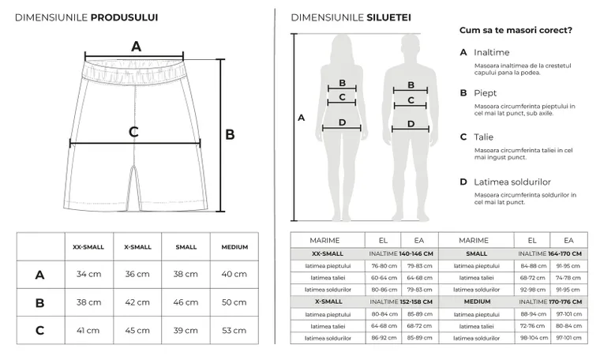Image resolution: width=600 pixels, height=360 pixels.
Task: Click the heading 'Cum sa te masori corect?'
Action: [516, 30]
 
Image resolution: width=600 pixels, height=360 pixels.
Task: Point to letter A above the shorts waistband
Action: [136, 46]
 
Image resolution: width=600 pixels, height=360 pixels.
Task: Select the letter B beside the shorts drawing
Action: [231, 135]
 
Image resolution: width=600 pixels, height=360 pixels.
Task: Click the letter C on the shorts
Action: [133, 132]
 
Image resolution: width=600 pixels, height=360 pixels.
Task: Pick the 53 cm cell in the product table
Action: [234, 330]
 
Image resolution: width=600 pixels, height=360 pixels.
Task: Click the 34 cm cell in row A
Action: [88, 274]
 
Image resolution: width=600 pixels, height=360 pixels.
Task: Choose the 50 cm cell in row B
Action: [234, 302]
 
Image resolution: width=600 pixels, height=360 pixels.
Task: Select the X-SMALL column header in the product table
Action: [137, 247]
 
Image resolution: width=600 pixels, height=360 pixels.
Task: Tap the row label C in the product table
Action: [39, 330]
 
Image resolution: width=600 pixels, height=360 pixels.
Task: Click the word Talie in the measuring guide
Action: [484, 137]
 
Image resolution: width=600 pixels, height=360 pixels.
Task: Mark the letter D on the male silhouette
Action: [411, 123]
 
